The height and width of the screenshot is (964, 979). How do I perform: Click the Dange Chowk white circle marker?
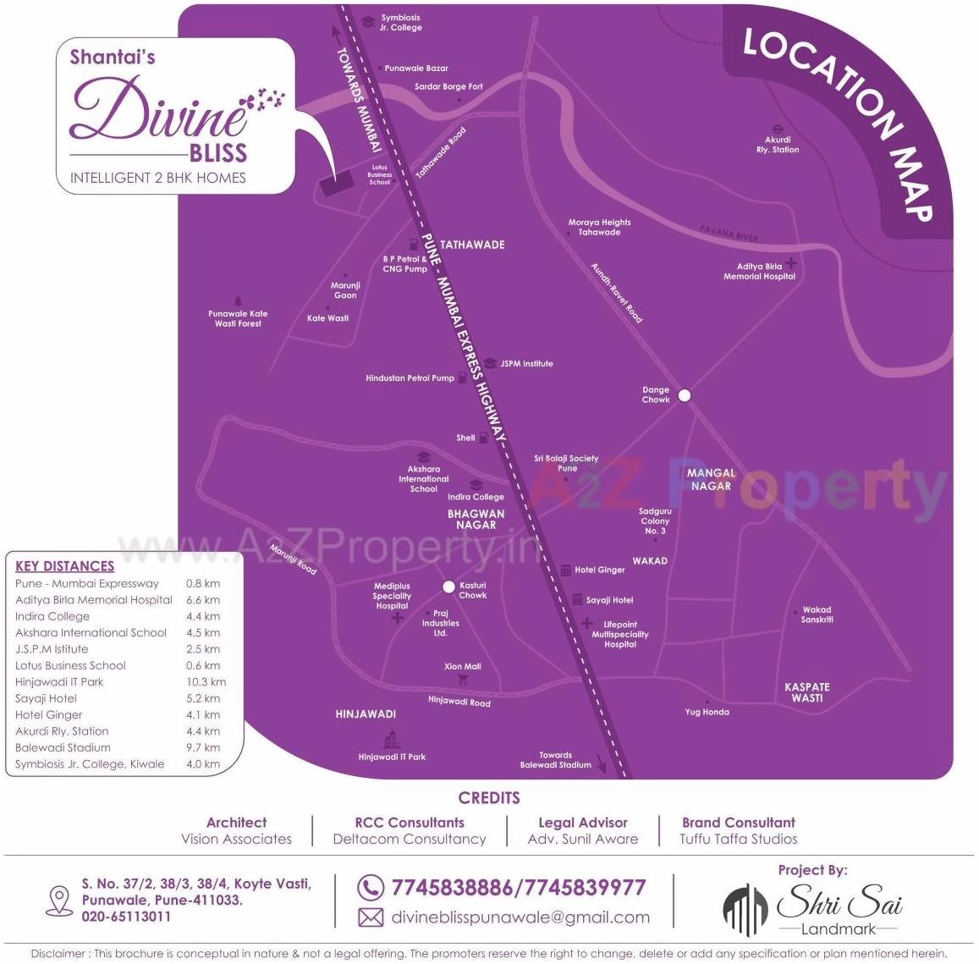[x=685, y=395]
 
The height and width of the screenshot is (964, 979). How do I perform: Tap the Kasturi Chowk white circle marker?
[x=449, y=587]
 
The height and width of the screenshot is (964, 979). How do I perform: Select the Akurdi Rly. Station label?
[x=778, y=145]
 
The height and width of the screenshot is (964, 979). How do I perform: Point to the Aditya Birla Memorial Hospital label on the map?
[x=759, y=272]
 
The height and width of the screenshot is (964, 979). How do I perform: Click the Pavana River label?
[x=729, y=233]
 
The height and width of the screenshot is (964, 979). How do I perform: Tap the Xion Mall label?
[x=462, y=667]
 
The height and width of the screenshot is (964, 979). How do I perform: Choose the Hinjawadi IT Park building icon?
[x=391, y=739]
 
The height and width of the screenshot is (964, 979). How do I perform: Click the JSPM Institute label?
[x=526, y=364]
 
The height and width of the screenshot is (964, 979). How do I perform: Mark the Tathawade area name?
[x=472, y=245]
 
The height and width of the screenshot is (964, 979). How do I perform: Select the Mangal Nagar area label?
[x=711, y=480]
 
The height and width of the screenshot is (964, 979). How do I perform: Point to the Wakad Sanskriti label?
[x=817, y=614]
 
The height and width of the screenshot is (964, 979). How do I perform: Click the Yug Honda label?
[x=707, y=712]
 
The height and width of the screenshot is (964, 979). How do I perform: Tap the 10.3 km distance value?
[x=206, y=682]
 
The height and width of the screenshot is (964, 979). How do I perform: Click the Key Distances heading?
[x=64, y=566]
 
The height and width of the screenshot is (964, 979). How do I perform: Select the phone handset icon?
[x=370, y=888]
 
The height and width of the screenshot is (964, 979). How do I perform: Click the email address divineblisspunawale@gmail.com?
[x=520, y=917]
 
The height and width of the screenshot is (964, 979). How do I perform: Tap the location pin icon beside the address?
[x=59, y=900]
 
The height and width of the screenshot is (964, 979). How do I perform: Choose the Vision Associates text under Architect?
[x=236, y=840]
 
